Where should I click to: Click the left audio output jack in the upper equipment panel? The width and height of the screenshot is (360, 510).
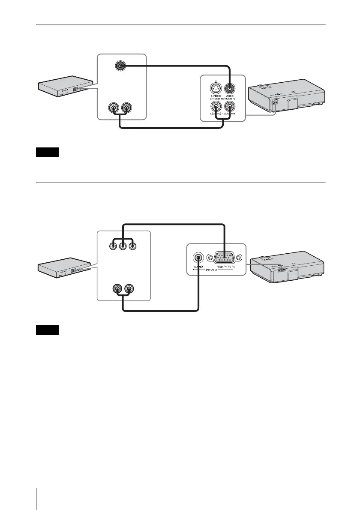click(x=114, y=107)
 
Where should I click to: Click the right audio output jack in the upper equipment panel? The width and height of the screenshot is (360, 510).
click(x=126, y=107)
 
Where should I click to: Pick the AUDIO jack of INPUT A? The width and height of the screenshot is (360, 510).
click(x=198, y=258)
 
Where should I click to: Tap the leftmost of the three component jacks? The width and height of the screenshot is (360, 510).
click(x=112, y=246)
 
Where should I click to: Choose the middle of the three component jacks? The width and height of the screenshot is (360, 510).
click(x=123, y=246)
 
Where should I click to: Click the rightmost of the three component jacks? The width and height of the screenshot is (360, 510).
click(x=133, y=246)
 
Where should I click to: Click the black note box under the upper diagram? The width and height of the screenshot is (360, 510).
click(x=46, y=152)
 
